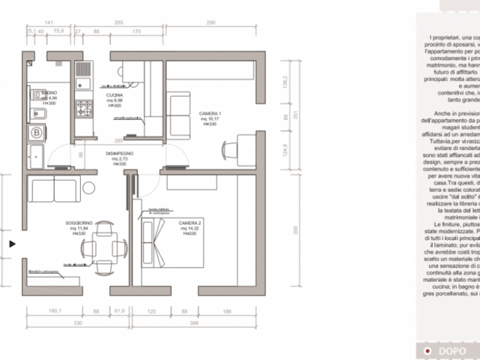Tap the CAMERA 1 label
coord(210,113)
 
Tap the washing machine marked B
coord(35,133)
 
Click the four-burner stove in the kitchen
coord(83,108)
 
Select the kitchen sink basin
coord(83,69)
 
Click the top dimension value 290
coord(211,23)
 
